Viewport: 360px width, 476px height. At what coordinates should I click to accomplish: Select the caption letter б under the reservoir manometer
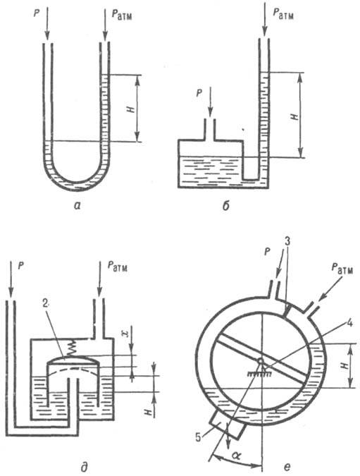pyautogui.click(x=225, y=205)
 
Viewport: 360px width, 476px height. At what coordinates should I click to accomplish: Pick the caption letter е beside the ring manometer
pyautogui.click(x=287, y=467)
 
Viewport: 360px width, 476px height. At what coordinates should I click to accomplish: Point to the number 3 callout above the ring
pyautogui.click(x=288, y=242)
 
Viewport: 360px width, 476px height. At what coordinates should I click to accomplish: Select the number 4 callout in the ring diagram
pyautogui.click(x=349, y=323)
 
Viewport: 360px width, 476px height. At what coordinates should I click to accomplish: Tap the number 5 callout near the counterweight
pyautogui.click(x=199, y=438)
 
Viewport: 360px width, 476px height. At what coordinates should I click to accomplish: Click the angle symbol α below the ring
pyautogui.click(x=236, y=456)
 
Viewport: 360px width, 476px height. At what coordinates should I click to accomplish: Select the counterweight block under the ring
pyautogui.click(x=227, y=426)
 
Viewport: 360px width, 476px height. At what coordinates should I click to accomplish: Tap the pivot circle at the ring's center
pyautogui.click(x=260, y=361)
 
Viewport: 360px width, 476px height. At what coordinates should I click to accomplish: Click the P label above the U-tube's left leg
pyautogui.click(x=37, y=14)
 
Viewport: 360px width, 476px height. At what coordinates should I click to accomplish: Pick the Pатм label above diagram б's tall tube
pyautogui.click(x=283, y=13)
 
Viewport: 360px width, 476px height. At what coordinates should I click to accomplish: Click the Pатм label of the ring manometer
pyautogui.click(x=342, y=269)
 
